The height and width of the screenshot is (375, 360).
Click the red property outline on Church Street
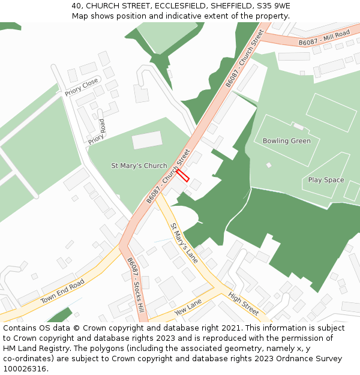[182, 175]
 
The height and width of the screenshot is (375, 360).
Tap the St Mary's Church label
[139, 166]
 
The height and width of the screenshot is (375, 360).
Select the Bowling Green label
[287, 141]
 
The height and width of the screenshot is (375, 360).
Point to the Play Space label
[326, 180]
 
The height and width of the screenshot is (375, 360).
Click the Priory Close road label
[82, 87]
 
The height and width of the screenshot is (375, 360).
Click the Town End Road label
[62, 292]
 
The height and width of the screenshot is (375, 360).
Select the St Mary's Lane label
[184, 243]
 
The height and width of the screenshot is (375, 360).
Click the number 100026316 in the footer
[25, 369]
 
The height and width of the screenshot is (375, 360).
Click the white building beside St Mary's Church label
[147, 140]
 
